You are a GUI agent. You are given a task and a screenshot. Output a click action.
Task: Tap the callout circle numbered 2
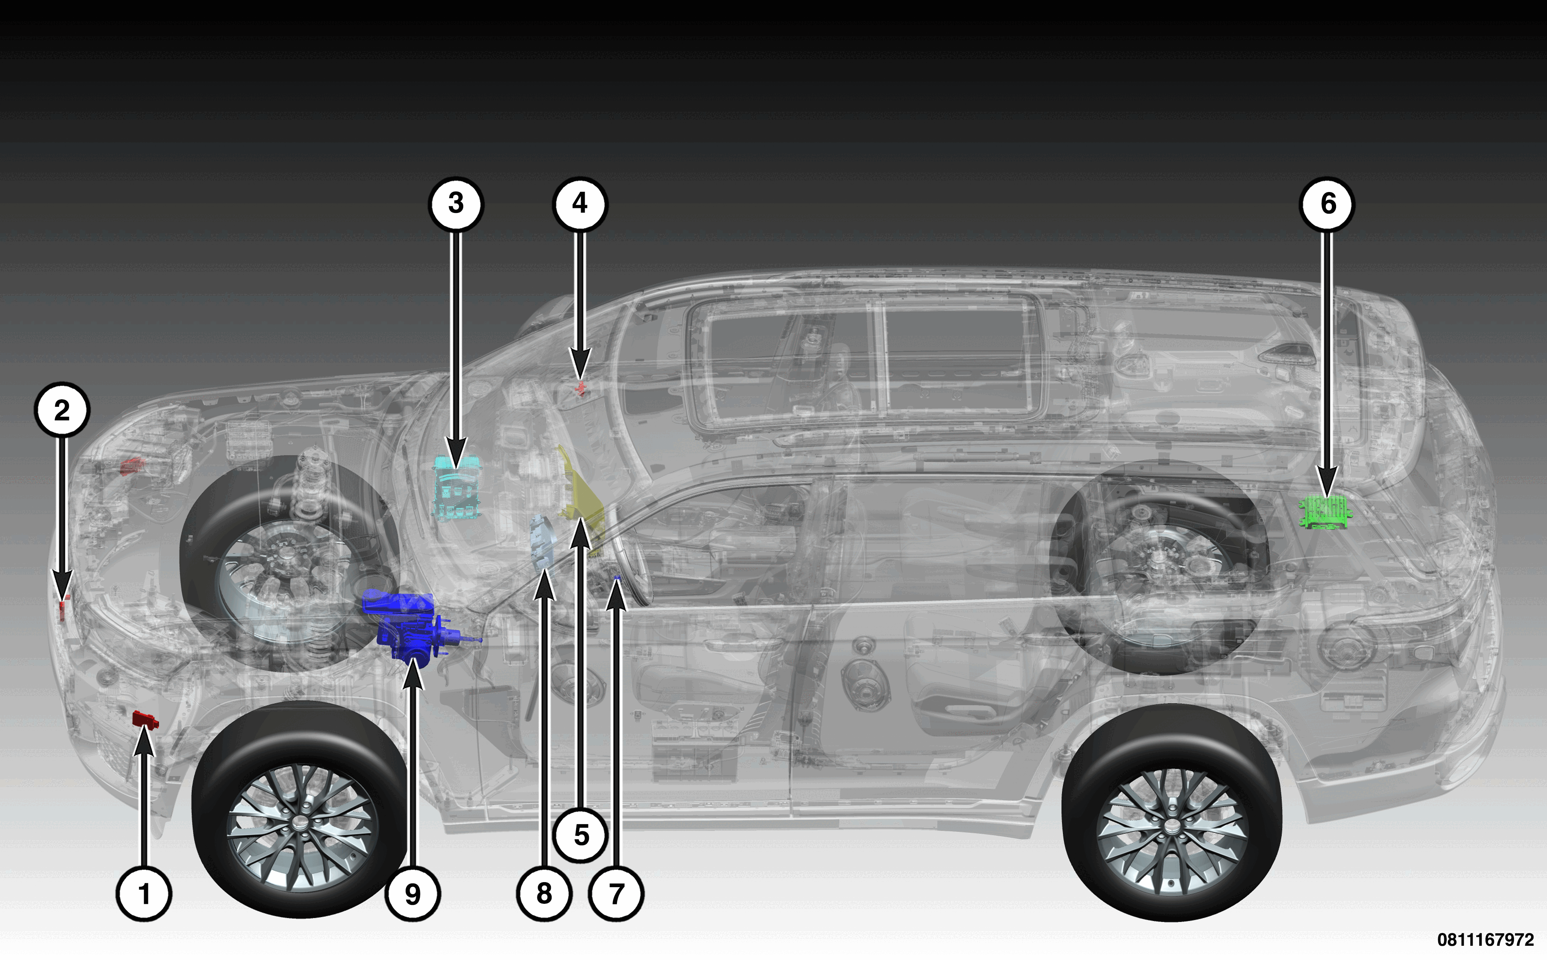point(62,410)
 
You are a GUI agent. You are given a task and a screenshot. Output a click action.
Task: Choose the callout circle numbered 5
point(581,835)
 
